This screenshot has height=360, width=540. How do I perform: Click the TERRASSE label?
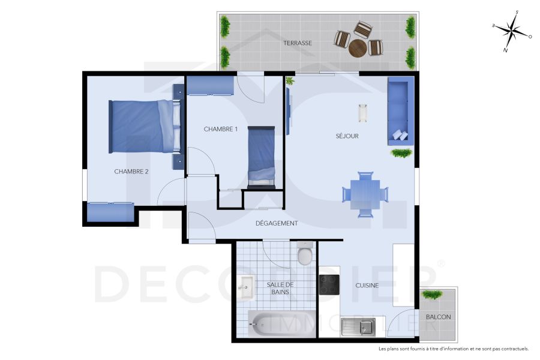(298, 43)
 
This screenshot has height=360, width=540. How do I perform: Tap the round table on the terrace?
(358, 47)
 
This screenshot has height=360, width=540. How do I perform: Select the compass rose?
(512, 30)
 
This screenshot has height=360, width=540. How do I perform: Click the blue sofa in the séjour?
(400, 111)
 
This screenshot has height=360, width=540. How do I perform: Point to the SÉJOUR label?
(347, 136)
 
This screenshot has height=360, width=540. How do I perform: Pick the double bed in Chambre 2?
(144, 126)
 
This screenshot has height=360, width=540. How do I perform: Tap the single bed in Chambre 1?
(262, 157)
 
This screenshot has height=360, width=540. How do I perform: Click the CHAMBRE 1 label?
(221, 129)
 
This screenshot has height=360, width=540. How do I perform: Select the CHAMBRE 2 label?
(131, 172)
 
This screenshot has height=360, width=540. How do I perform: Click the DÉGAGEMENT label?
(277, 223)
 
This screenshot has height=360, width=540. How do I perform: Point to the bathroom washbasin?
(245, 289)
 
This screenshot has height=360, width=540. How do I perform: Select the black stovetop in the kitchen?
(329, 284)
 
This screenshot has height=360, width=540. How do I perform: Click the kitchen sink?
(358, 327)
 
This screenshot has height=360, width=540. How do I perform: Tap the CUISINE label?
(367, 286)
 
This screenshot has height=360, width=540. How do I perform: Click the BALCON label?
(438, 317)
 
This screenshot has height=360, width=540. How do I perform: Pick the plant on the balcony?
(432, 294)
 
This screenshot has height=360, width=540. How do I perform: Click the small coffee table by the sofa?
(363, 113)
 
